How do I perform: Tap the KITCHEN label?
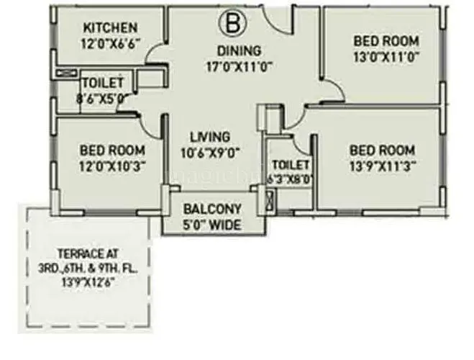click(110, 27)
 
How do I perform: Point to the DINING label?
click(240, 50)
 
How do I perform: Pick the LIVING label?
click(210, 137)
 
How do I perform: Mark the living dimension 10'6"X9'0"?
click(210, 152)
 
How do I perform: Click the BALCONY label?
click(212, 210)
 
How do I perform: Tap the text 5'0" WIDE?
click(212, 225)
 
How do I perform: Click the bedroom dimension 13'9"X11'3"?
click(382, 166)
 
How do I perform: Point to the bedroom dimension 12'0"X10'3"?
click(112, 166)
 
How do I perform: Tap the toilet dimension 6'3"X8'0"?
click(290, 179)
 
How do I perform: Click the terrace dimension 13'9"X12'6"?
click(88, 283)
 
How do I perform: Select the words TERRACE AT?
click(88, 253)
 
